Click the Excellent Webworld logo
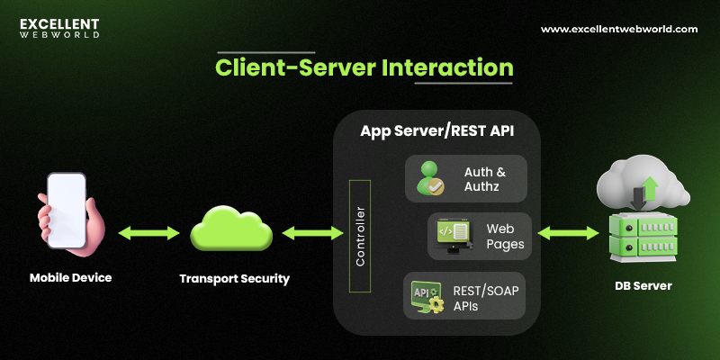tap(59, 27)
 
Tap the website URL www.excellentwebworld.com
tap(618, 29)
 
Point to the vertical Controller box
tap(359, 236)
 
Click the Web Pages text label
tap(505, 236)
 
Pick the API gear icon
tap(427, 297)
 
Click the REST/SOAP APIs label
tap(487, 297)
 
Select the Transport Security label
tap(234, 278)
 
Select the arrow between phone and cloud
tap(148, 233)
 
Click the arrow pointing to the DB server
tap(568, 233)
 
